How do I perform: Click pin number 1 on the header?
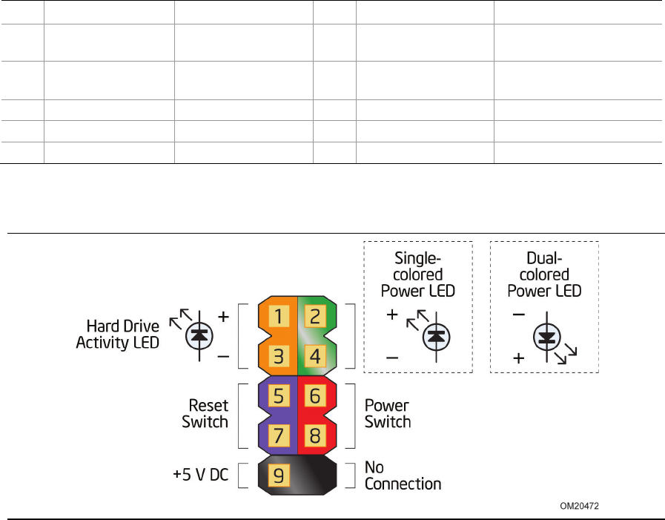(x=279, y=317)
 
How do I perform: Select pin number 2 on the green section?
(x=315, y=317)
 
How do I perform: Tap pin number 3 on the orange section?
(x=279, y=355)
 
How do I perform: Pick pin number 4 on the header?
(x=315, y=355)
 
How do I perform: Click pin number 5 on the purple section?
(x=279, y=396)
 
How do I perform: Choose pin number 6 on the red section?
(x=315, y=396)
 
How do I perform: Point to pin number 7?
(x=279, y=434)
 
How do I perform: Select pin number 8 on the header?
(x=315, y=434)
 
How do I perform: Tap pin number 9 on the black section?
(x=279, y=475)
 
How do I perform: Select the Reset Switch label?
(x=205, y=414)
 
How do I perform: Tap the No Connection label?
(x=403, y=475)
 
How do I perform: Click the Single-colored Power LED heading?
(x=418, y=274)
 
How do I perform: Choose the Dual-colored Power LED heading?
(x=544, y=274)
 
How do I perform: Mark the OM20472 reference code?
(x=579, y=506)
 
